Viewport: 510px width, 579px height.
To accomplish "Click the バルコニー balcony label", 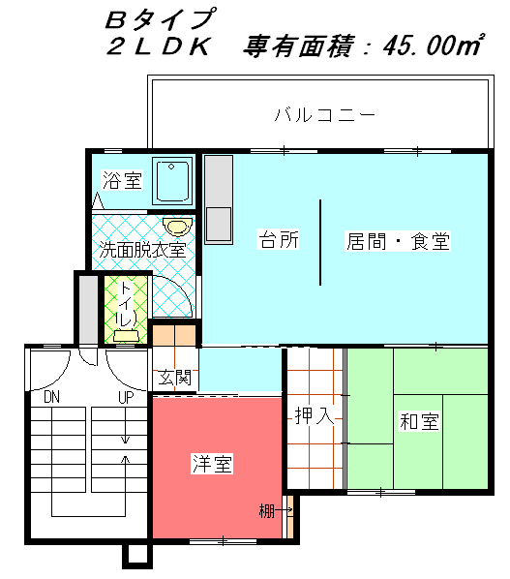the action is pyautogui.click(x=325, y=114).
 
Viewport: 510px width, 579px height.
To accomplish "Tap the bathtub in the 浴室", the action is pyautogui.click(x=172, y=180).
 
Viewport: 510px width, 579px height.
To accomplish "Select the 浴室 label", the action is pyautogui.click(x=122, y=180).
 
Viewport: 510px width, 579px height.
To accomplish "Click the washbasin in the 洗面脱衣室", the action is pyautogui.click(x=177, y=226).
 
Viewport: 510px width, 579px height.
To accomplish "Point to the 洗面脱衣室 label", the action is pyautogui.click(x=142, y=250).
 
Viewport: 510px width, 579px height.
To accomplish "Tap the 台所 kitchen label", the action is pyautogui.click(x=279, y=240).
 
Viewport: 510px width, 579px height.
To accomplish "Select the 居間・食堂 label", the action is pyautogui.click(x=398, y=241).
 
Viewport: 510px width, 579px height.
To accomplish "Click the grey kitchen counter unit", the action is pyautogui.click(x=219, y=199).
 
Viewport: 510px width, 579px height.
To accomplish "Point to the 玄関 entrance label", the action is pyautogui.click(x=175, y=378).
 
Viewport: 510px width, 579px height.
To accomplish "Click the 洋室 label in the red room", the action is pyautogui.click(x=212, y=464).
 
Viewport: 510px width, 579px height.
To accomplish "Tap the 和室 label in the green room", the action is pyautogui.click(x=419, y=421).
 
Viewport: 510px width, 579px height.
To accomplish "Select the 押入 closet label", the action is pyautogui.click(x=315, y=415).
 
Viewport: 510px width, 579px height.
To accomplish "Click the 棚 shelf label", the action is pyautogui.click(x=266, y=511).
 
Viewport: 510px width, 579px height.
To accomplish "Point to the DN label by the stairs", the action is pyautogui.click(x=51, y=397).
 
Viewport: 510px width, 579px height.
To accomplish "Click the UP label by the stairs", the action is pyautogui.click(x=126, y=397).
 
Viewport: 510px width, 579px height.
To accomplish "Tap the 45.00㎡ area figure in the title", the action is pyautogui.click(x=433, y=46).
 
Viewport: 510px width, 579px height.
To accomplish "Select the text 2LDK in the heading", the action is pyautogui.click(x=159, y=46).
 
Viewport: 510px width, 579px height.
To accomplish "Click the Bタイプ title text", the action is pyautogui.click(x=160, y=18).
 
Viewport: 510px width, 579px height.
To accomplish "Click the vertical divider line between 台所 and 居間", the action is pyautogui.click(x=320, y=242).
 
